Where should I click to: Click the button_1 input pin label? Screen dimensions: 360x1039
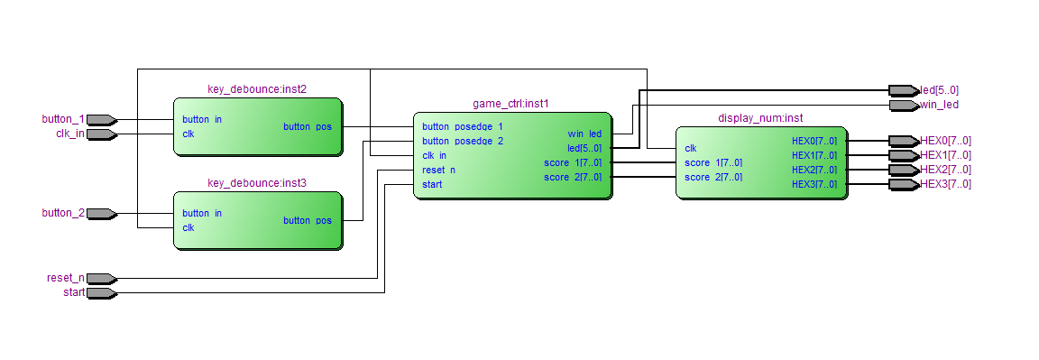click(x=63, y=119)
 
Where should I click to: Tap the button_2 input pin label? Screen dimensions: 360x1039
click(x=63, y=213)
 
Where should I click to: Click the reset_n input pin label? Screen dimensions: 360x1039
click(x=65, y=278)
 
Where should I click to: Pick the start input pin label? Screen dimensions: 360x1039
click(x=74, y=292)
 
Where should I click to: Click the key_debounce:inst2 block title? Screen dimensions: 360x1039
click(x=257, y=89)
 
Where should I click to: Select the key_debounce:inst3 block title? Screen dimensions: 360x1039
click(x=257, y=183)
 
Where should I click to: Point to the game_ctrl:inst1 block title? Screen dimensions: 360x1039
click(x=510, y=104)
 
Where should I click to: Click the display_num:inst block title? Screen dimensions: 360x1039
click(x=760, y=118)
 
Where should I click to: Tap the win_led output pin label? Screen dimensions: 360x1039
click(x=939, y=105)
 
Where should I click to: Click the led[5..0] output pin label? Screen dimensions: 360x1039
click(x=939, y=90)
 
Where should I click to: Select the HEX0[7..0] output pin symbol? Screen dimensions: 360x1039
click(x=902, y=141)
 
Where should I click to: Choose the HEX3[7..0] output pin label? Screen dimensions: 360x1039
click(x=945, y=184)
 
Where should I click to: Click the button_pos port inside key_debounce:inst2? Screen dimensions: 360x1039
click(x=307, y=126)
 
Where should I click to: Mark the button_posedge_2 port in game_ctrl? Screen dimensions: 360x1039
click(x=463, y=141)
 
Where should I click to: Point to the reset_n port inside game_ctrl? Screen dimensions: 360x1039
click(x=438, y=170)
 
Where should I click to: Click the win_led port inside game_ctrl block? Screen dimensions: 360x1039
click(x=584, y=134)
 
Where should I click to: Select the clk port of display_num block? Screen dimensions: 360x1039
click(x=690, y=148)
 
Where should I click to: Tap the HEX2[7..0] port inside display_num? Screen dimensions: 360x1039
click(x=814, y=170)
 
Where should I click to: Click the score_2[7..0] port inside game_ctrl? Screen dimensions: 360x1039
click(x=572, y=177)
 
